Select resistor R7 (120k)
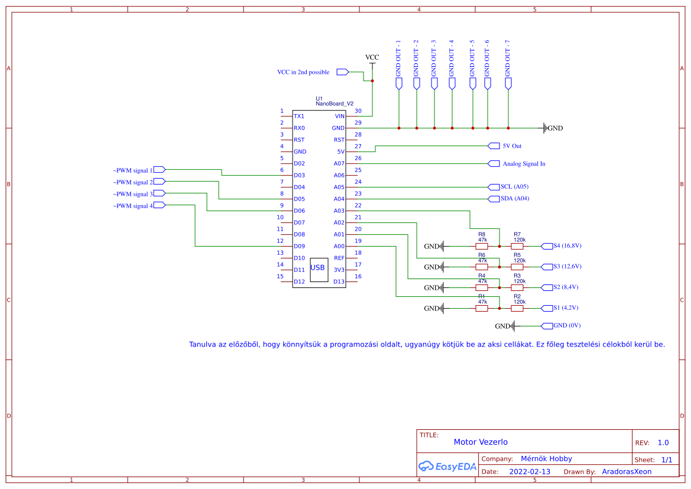517,246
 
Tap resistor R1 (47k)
482,308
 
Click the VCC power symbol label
372,57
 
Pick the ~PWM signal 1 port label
133,170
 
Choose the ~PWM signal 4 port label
133,206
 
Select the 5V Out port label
511,146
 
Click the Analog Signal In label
523,164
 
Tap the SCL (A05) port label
514,187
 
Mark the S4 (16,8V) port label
567,246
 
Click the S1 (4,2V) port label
565,308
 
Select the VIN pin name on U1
339,116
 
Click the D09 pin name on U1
299,246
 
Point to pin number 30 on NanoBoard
358,111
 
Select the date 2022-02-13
530,472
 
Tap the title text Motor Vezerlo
481,442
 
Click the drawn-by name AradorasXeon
627,472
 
